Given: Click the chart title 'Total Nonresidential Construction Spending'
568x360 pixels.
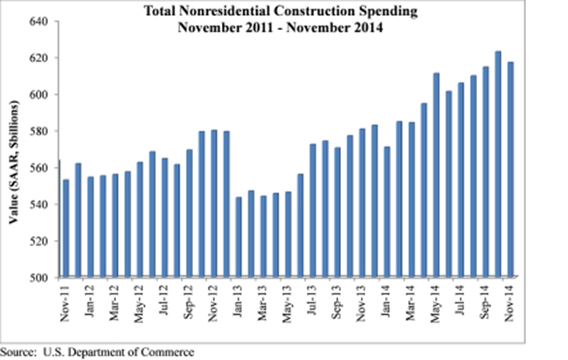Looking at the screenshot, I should click(x=283, y=12).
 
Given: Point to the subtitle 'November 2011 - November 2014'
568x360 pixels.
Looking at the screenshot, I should click(x=283, y=27).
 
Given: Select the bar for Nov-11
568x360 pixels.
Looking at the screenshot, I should click(x=66, y=228).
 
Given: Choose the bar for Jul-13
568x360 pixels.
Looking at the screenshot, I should click(x=313, y=211).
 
